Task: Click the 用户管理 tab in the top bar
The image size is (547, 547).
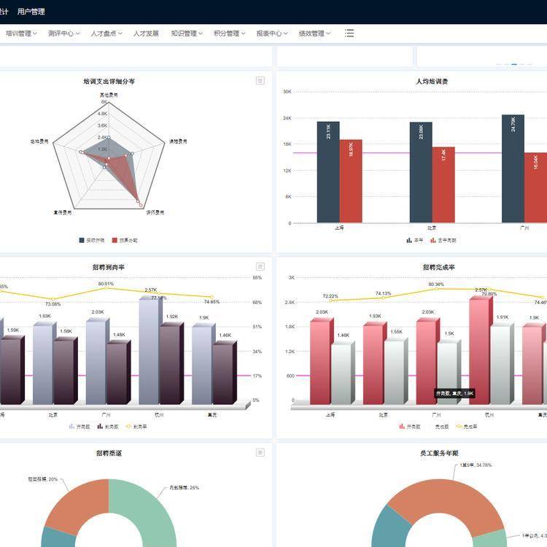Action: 31,12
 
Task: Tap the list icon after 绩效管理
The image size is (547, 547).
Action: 349,34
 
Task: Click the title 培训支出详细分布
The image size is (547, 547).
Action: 109,81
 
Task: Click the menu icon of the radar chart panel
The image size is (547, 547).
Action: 260,81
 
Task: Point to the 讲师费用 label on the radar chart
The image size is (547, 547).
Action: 155,213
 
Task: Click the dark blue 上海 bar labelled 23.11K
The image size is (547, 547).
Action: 328,171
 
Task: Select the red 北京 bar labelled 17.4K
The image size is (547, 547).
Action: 443,185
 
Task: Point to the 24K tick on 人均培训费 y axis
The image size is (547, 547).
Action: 287,118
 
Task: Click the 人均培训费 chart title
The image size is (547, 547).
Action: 432,81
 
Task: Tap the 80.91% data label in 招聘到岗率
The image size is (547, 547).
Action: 106,284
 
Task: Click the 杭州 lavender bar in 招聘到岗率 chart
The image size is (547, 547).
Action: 149,350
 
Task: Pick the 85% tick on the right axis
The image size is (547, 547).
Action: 257,278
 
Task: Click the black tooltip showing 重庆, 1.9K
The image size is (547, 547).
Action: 455,393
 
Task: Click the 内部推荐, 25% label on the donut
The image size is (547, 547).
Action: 184,487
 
